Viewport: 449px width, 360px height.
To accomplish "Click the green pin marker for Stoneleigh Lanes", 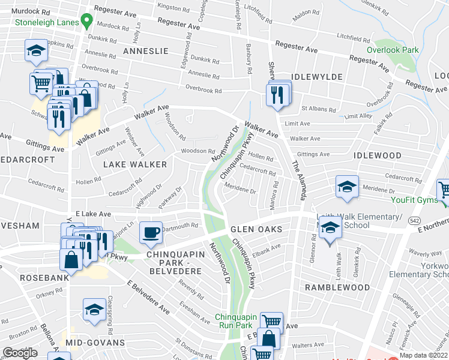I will (x=86, y=22).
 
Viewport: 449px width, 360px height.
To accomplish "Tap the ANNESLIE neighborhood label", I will (x=144, y=52).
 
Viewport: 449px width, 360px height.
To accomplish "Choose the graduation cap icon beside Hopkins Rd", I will (x=37, y=50).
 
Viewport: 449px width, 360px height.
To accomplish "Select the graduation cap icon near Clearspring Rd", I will (x=94, y=309).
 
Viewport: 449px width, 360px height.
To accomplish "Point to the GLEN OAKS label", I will (x=253, y=230).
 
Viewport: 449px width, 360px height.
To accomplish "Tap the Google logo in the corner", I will (x=20, y=353).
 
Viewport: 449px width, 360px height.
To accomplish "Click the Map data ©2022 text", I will (x=423, y=355).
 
